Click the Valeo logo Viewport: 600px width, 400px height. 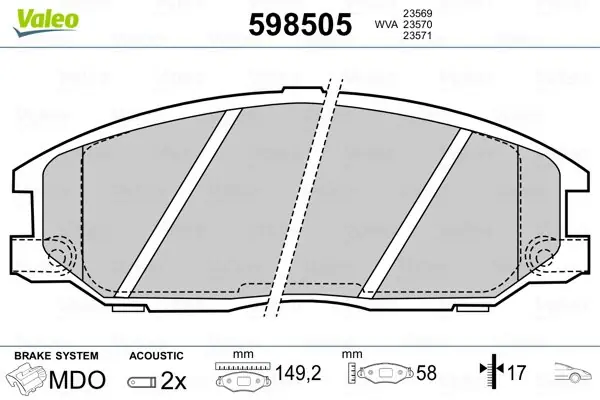pyautogui.click(x=46, y=23)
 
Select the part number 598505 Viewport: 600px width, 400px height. pyautogui.click(x=300, y=24)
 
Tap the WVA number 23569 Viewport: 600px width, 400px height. pyautogui.click(x=417, y=13)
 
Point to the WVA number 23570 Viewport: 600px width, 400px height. pyautogui.click(x=417, y=24)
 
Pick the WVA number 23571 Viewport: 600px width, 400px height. pyautogui.click(x=417, y=36)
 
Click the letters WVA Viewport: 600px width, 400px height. pyautogui.click(x=386, y=24)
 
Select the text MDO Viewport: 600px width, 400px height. pyautogui.click(x=77, y=380)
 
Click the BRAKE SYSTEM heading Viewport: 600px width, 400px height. pyautogui.click(x=56, y=356)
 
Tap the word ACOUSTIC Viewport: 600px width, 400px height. pyautogui.click(x=156, y=356)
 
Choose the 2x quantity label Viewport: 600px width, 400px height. pyautogui.click(x=173, y=380)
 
